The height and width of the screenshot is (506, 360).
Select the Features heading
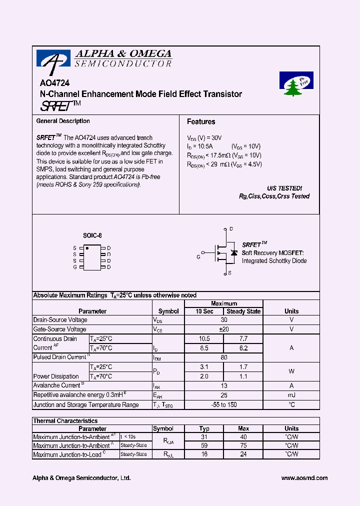click(201, 121)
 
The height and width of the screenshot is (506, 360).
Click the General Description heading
click(63, 121)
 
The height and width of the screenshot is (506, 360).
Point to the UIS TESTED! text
click(284, 188)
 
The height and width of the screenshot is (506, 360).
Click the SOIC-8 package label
click(92, 235)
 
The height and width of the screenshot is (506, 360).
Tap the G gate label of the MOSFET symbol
click(198, 256)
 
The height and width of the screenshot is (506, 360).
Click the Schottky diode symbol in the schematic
click(233, 253)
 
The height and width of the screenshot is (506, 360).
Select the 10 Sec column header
click(204, 311)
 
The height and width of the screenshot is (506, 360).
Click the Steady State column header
click(243, 311)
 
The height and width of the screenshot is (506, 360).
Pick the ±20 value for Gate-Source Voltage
click(223, 329)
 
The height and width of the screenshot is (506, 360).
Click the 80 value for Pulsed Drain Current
click(223, 357)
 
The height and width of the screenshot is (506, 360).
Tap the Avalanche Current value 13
click(223, 385)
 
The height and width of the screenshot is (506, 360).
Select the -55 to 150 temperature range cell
click(223, 404)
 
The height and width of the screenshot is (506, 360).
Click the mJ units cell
click(291, 395)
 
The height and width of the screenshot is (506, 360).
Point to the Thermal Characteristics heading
click(65, 421)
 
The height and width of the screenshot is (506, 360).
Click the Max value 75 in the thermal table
click(243, 445)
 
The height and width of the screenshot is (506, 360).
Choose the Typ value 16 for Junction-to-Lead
click(204, 454)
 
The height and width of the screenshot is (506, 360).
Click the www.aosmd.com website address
click(304, 478)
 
